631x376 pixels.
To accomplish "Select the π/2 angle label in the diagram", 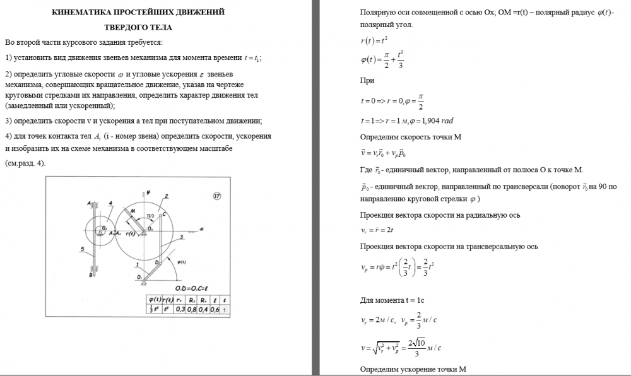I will (x=150, y=216).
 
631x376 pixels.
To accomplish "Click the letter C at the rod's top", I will (x=163, y=214).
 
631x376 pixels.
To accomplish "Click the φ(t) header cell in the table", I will (x=152, y=298).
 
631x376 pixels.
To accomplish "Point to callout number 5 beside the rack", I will (x=83, y=250).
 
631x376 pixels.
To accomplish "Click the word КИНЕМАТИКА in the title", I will (x=78, y=12).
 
